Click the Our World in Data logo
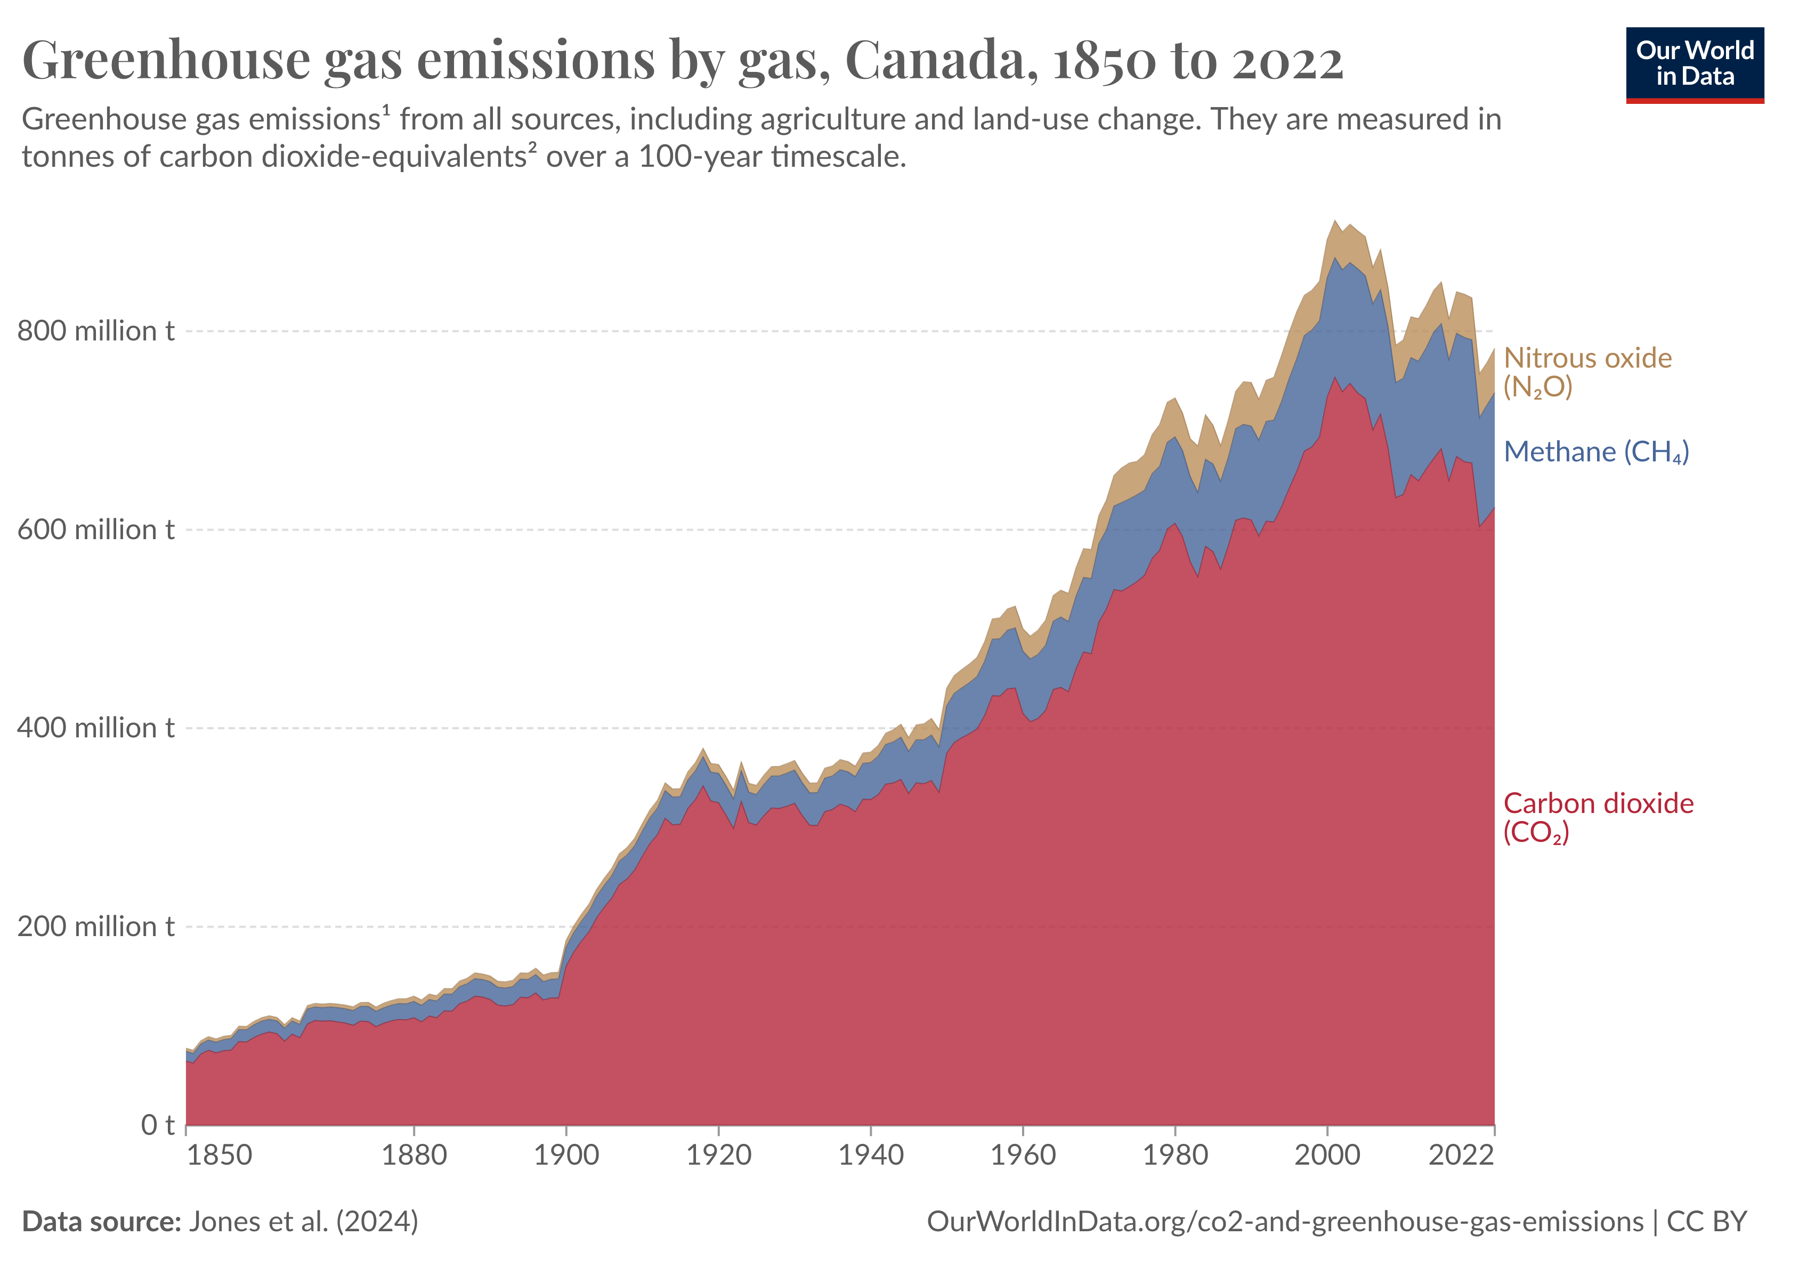pyautogui.click(x=1694, y=64)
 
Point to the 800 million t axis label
pyautogui.click(x=95, y=331)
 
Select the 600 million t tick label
pyautogui.click(x=95, y=530)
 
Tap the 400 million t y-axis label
pyautogui.click(x=95, y=728)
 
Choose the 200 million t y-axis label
pyautogui.click(x=95, y=926)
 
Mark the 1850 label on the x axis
pyautogui.click(x=220, y=1155)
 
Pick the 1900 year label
pyautogui.click(x=566, y=1155)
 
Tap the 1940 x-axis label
pyautogui.click(x=871, y=1155)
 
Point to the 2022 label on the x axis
pyautogui.click(x=1461, y=1155)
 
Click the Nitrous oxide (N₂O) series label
pyautogui.click(x=1587, y=372)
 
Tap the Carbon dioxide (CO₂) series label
pyautogui.click(x=1598, y=817)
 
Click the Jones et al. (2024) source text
pyautogui.click(x=303, y=1222)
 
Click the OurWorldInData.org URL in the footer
pyautogui.click(x=1284, y=1222)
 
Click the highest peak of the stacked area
pyautogui.click(x=1335, y=222)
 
